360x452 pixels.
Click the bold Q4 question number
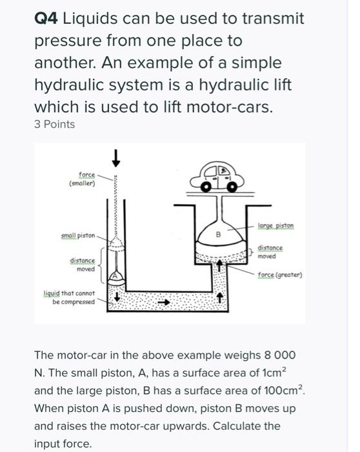click(x=46, y=19)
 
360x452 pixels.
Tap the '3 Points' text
click(x=54, y=125)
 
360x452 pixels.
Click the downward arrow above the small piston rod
click(x=115, y=158)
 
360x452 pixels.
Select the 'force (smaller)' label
click(x=83, y=179)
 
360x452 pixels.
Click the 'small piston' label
click(x=78, y=236)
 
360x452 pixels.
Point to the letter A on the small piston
click(x=115, y=276)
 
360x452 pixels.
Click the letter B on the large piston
click(x=218, y=234)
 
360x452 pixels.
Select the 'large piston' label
click(x=275, y=226)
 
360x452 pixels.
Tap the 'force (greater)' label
click(x=280, y=274)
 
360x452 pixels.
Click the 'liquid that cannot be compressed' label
click(x=69, y=298)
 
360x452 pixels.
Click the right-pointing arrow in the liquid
click(x=164, y=302)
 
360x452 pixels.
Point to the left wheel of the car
click(x=206, y=188)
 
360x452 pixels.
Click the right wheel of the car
click(x=232, y=188)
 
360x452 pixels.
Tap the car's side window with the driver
click(x=223, y=170)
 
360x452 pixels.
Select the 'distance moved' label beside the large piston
click(x=270, y=252)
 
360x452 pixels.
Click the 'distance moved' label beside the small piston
click(x=83, y=265)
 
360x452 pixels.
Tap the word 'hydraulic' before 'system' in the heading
click(x=70, y=85)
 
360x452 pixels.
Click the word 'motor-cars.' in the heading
click(x=229, y=107)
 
